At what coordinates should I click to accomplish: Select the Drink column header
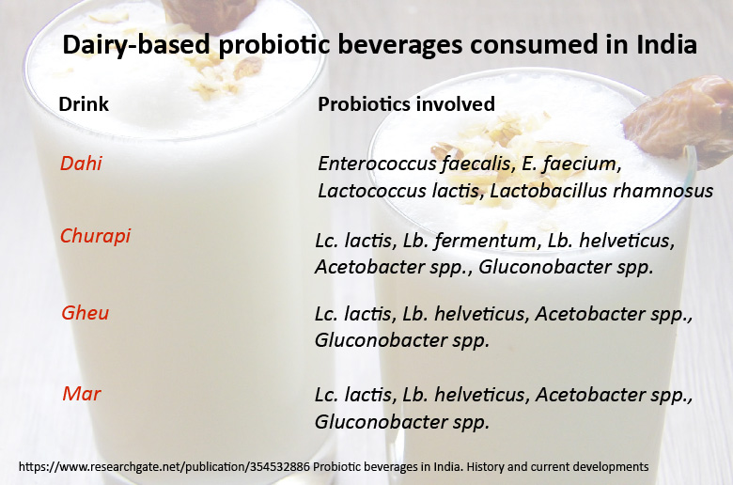click(x=84, y=103)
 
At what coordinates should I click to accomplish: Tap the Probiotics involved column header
click(x=406, y=103)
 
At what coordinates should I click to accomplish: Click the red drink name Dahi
click(x=81, y=164)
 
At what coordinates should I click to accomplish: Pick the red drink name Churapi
click(x=95, y=236)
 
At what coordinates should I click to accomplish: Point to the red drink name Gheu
click(x=86, y=313)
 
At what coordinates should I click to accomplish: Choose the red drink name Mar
click(x=82, y=394)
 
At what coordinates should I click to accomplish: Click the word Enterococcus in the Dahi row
click(x=377, y=164)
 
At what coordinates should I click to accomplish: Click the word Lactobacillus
click(x=549, y=191)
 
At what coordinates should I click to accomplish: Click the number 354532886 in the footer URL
click(x=280, y=467)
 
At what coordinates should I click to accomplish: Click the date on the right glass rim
click(x=678, y=121)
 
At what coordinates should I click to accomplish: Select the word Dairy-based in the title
click(x=136, y=45)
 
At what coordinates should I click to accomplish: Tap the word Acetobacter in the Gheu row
click(x=590, y=314)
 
